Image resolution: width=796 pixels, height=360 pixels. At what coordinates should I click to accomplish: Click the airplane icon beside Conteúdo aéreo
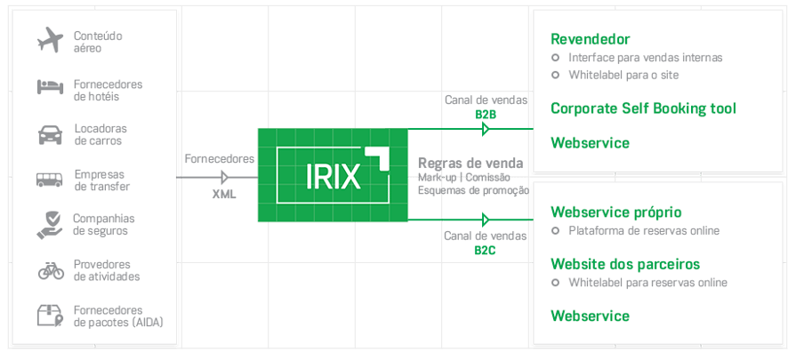[x=50, y=40]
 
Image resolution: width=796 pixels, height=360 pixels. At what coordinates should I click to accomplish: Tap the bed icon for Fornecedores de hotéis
[x=50, y=87]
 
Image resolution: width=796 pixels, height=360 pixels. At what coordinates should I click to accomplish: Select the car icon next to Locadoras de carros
[x=50, y=134]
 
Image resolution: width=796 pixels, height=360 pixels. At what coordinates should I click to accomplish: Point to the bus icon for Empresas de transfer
[x=50, y=180]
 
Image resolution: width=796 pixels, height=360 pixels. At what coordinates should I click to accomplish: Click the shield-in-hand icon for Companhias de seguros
[x=50, y=224]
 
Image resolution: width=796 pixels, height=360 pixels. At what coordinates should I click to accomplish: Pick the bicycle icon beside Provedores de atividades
[x=50, y=270]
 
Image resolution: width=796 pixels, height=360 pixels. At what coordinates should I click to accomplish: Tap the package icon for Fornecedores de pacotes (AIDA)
[x=50, y=316]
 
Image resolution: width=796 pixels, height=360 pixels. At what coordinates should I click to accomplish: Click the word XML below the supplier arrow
[x=224, y=194]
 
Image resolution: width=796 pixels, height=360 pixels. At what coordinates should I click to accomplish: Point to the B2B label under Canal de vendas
[x=485, y=115]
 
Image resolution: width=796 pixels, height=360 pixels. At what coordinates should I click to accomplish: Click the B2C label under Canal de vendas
[x=485, y=251]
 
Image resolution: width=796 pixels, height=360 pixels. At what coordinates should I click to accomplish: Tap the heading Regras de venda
[x=470, y=164]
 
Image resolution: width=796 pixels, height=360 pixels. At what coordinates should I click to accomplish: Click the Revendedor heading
[x=591, y=39]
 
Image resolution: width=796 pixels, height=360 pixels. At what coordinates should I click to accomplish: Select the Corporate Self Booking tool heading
[x=643, y=109]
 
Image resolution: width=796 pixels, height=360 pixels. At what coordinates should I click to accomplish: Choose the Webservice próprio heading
[x=616, y=212]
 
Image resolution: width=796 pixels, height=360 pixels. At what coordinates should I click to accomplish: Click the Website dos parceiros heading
[x=625, y=264]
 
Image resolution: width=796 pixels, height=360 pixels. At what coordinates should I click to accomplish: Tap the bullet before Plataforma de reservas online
[x=556, y=231]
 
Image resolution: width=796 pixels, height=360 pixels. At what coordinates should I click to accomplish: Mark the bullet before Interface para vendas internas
[x=556, y=58]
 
